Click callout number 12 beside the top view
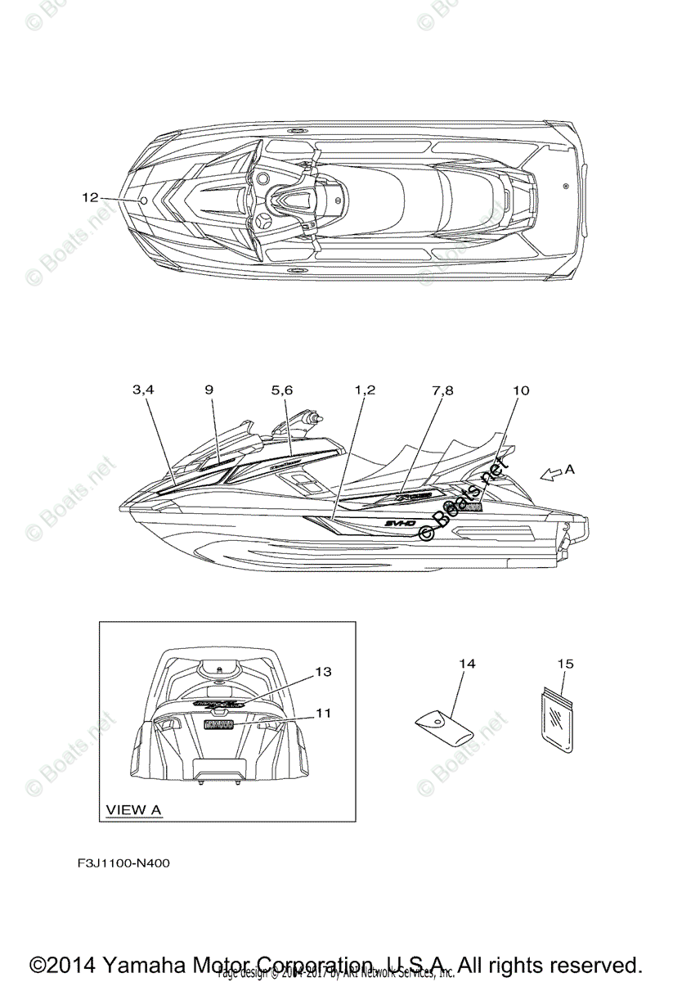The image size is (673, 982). (x=90, y=197)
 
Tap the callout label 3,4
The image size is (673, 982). (x=143, y=391)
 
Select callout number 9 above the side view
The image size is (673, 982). (x=209, y=390)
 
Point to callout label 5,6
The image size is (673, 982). (x=282, y=391)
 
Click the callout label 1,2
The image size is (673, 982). (x=365, y=391)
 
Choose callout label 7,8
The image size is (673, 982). (x=442, y=391)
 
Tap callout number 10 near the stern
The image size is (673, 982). (x=520, y=391)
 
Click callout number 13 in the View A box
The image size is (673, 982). (x=323, y=672)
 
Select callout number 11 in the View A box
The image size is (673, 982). (x=323, y=713)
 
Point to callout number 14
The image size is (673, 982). (x=467, y=664)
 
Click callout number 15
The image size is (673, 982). (x=565, y=664)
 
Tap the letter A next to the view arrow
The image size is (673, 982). (x=570, y=470)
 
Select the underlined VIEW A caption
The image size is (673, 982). (x=134, y=810)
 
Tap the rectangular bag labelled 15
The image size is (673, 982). (x=558, y=727)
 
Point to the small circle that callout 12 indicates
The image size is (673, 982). (x=143, y=200)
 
